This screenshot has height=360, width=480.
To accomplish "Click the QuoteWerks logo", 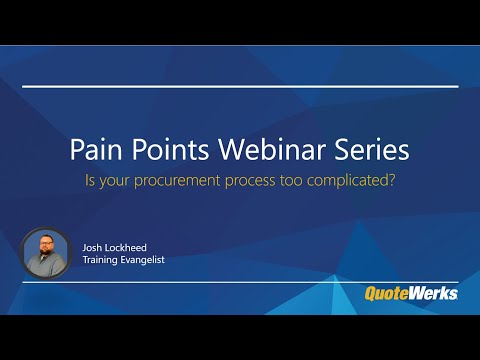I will coord(410,293).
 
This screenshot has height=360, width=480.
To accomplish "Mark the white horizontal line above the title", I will coord(240,87).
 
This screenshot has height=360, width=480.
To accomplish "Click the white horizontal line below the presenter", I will coord(240,282).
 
